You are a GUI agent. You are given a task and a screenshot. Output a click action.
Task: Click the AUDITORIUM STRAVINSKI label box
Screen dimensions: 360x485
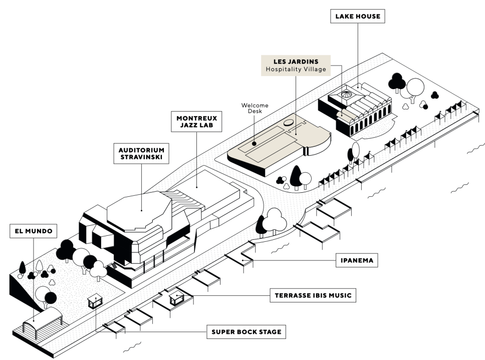tap(141, 154)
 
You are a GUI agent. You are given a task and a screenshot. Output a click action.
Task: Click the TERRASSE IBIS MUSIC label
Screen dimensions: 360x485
tap(313, 295)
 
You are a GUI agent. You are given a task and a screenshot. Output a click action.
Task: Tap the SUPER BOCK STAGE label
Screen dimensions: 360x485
tap(246, 331)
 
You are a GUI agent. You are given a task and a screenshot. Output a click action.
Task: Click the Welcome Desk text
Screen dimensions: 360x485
tap(255, 108)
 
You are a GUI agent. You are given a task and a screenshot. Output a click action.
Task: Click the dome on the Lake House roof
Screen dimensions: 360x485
tap(347, 94)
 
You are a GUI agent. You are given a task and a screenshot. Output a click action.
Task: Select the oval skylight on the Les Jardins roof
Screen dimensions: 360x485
tap(289, 122)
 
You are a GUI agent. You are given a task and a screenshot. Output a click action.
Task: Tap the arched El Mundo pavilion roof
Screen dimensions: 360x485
tap(48, 315)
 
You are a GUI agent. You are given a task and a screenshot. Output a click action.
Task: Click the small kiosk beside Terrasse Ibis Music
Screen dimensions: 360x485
tap(177, 298)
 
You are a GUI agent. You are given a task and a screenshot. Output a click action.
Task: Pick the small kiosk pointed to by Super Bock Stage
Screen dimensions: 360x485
tap(94, 302)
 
